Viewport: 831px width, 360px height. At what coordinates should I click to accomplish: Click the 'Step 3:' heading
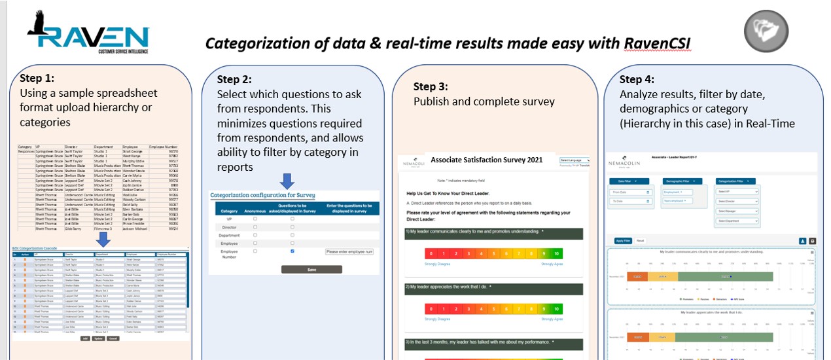(431, 86)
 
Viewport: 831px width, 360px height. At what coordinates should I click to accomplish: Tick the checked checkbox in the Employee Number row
(292, 251)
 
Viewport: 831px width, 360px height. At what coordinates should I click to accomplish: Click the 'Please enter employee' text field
(349, 251)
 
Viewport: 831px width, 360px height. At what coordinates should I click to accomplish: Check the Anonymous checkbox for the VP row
(255, 219)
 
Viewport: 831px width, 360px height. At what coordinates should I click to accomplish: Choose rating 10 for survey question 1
(556, 253)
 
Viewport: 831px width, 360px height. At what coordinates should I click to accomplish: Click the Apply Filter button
(623, 241)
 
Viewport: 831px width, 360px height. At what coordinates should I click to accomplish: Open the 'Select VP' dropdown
(738, 192)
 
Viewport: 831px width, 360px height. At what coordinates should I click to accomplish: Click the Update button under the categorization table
(99, 338)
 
